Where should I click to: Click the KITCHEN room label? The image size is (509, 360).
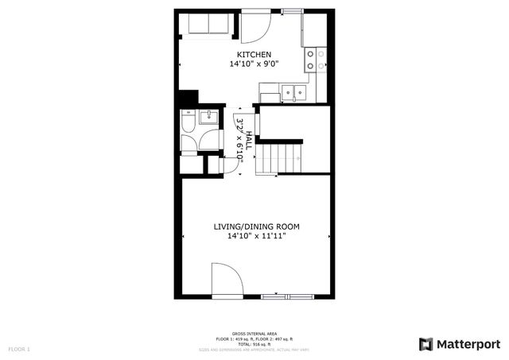(254, 54)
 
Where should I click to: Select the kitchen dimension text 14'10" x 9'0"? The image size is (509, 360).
(254, 64)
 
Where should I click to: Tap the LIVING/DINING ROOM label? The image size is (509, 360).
(255, 226)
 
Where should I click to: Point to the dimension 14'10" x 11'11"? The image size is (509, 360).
(255, 236)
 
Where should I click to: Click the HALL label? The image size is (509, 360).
(249, 140)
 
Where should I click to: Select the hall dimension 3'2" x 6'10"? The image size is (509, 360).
(240, 140)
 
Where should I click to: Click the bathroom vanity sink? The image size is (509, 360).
(208, 118)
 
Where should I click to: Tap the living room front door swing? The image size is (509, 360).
(226, 280)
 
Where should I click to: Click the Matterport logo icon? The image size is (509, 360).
(426, 343)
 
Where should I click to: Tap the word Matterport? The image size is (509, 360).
(468, 343)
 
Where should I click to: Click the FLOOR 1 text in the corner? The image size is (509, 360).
(19, 349)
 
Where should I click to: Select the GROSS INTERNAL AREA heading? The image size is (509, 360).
(254, 333)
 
